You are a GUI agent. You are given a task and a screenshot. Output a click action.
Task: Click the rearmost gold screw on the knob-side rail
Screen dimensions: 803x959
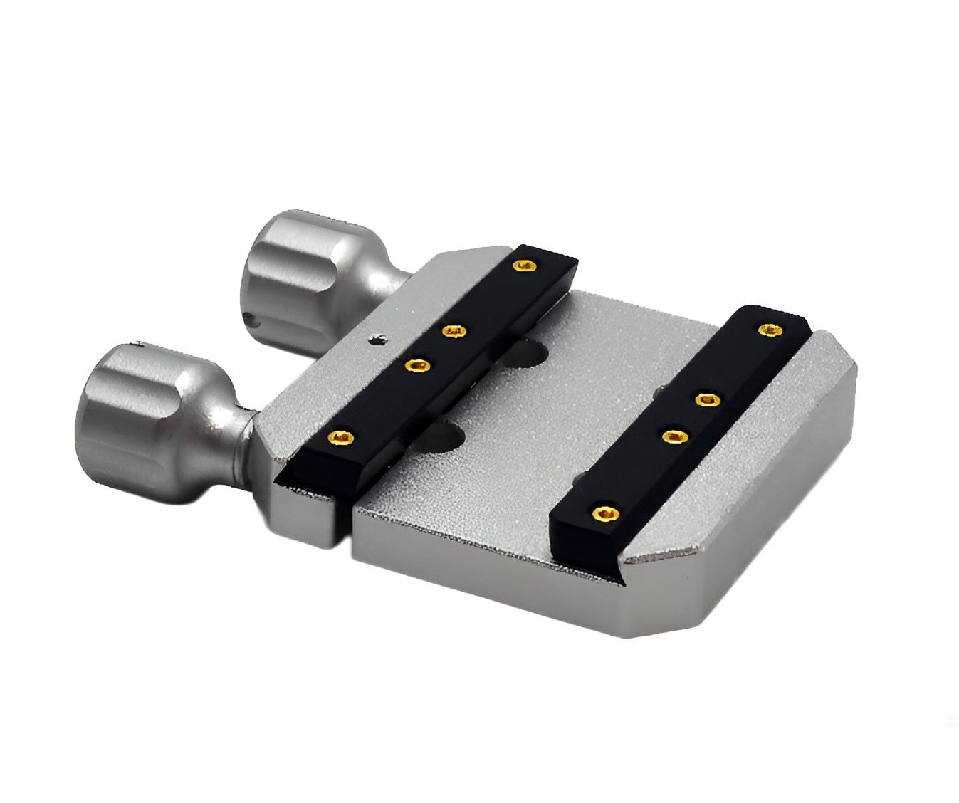[x=525, y=266]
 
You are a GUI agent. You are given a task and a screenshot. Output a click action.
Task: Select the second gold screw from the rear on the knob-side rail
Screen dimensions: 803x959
[x=454, y=331]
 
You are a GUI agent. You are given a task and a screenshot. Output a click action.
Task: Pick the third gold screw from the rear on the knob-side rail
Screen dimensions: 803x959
[x=418, y=366]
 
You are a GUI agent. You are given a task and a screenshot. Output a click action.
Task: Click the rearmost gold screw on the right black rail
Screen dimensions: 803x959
[x=767, y=329]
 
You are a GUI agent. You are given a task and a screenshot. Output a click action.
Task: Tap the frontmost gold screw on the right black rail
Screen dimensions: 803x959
[x=604, y=512]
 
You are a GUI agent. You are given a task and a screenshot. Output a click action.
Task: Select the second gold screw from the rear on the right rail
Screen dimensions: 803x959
[x=706, y=399]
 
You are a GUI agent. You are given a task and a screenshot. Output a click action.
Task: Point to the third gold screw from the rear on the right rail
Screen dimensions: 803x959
[x=671, y=435]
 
